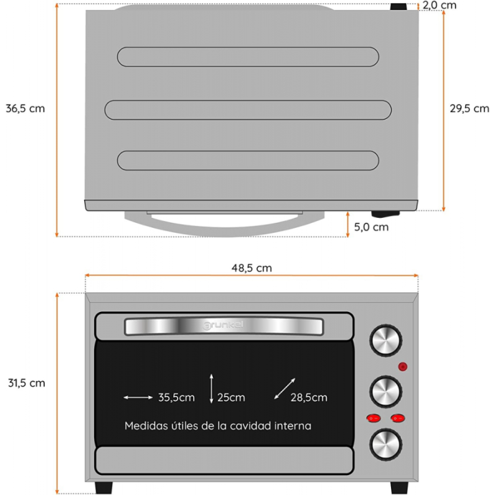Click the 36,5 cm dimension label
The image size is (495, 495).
[25, 108]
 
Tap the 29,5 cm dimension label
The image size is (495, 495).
[470, 108]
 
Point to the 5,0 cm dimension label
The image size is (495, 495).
[371, 226]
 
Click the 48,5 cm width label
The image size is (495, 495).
[252, 268]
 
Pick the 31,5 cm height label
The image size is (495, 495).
[25, 383]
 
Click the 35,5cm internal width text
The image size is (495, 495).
[176, 397]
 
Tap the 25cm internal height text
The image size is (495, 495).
[231, 397]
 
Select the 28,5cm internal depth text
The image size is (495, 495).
[309, 397]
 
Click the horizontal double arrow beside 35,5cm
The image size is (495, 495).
[138, 397]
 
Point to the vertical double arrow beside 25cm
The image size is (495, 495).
[212, 389]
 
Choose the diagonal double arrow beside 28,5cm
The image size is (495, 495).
[285, 389]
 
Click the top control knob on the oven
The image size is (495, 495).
[386, 340]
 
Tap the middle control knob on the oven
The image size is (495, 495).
[386, 391]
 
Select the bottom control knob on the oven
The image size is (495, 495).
[386, 443]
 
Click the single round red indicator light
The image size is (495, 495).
[403, 367]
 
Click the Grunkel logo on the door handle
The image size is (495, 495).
[224, 324]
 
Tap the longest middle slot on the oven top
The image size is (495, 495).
[248, 110]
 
